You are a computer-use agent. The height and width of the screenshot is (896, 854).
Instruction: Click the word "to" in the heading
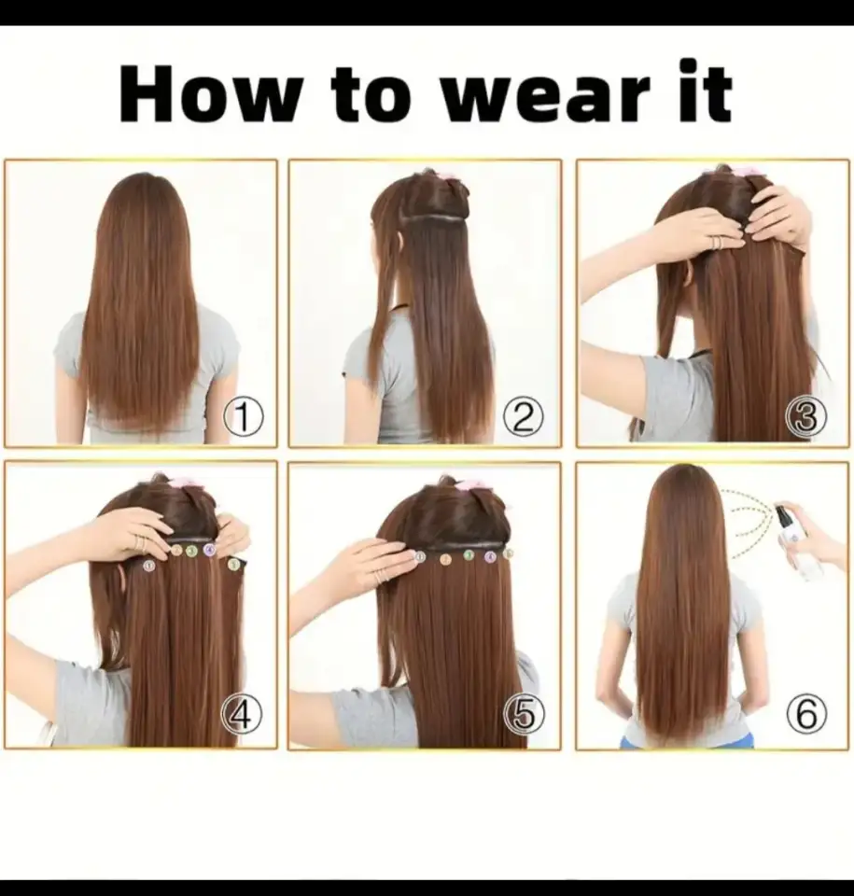(x=370, y=97)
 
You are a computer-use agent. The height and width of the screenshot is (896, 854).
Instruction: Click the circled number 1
(x=243, y=417)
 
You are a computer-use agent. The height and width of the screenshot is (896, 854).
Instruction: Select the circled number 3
(x=806, y=417)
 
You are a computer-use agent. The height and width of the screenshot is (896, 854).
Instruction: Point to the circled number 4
(x=242, y=714)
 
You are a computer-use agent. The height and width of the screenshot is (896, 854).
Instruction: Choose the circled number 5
(x=524, y=715)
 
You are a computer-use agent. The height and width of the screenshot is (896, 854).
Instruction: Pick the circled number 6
(x=806, y=714)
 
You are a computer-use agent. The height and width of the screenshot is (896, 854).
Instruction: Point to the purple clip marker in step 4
(x=209, y=550)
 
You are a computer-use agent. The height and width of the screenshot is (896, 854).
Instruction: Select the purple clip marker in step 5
(x=489, y=557)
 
